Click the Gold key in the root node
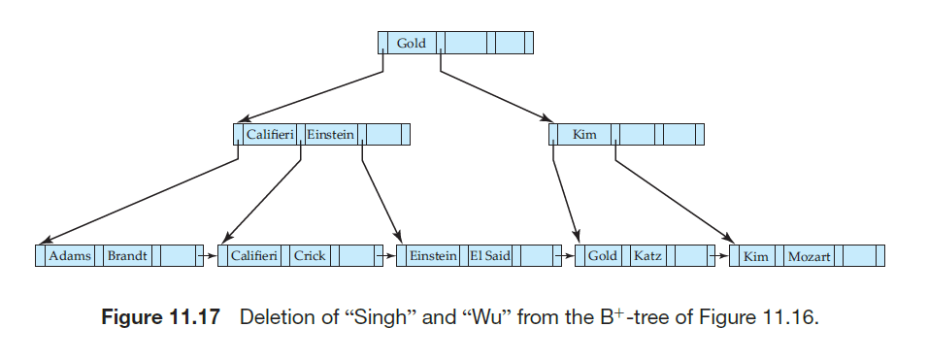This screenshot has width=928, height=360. click(411, 44)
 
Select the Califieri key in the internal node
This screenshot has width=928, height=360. click(269, 134)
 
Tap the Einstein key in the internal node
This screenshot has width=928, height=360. click(331, 134)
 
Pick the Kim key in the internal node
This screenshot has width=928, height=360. click(584, 134)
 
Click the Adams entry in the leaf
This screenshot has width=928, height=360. click(70, 256)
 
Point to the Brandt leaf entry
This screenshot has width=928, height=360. click(127, 256)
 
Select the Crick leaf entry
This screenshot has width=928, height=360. click(310, 256)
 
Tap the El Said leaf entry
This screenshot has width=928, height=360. click(490, 256)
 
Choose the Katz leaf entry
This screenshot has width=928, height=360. click(647, 256)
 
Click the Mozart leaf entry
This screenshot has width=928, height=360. click(809, 256)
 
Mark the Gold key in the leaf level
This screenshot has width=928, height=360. click(602, 256)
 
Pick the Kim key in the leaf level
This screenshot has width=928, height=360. click(755, 256)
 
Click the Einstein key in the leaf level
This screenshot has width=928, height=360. click(433, 256)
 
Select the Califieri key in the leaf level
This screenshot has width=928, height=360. click(255, 256)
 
